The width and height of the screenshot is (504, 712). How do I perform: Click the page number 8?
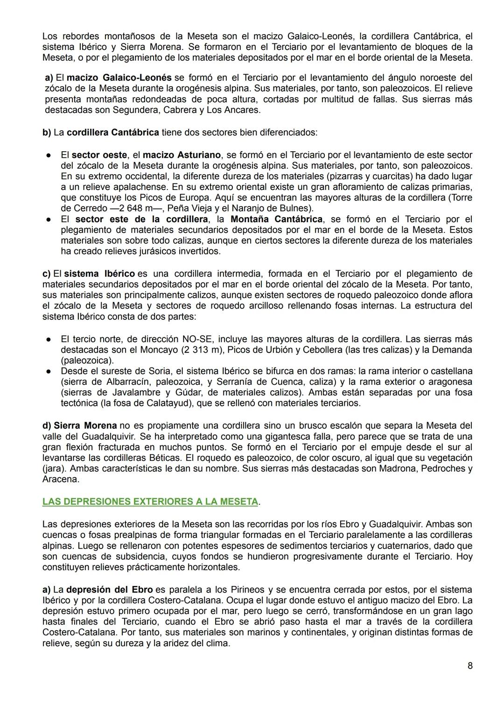[x=470, y=666]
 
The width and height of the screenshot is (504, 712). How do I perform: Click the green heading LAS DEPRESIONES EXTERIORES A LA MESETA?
[x=150, y=501]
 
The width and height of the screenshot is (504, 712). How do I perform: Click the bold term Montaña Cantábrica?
[x=276, y=219]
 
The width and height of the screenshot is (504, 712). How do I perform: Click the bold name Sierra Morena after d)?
[x=85, y=425]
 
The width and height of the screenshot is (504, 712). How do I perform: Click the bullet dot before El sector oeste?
[x=48, y=155]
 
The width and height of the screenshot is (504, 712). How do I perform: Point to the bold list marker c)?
[x=47, y=274]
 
